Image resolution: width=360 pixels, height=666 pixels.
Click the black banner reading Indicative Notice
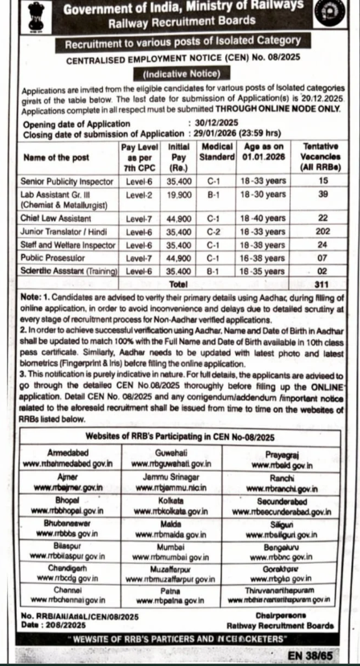point(180,74)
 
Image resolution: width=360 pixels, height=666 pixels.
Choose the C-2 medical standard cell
point(212,230)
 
